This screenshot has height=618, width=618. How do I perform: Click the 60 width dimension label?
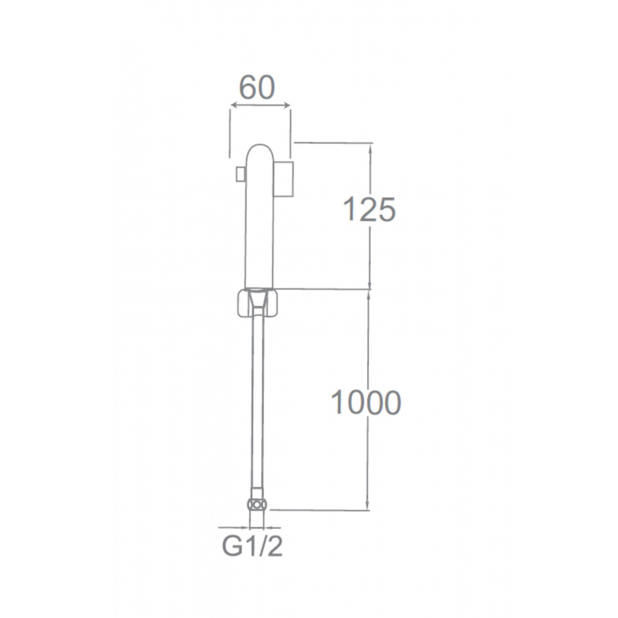pyautogui.click(x=256, y=87)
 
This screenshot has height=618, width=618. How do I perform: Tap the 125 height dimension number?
pyautogui.click(x=370, y=209)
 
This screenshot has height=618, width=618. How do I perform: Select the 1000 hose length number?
pyautogui.click(x=366, y=402)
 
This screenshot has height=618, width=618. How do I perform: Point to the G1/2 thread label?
pyautogui.click(x=252, y=546)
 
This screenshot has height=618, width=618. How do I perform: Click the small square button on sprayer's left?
pyautogui.click(x=240, y=174)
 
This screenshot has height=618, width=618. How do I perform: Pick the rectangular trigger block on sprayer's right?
pyautogui.click(x=284, y=179)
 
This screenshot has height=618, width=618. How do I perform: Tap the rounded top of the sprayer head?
pyautogui.click(x=260, y=152)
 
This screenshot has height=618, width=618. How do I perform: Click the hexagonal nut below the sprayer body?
pyautogui.click(x=258, y=303)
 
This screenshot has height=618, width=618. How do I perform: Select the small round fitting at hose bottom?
pyautogui.click(x=257, y=505)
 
